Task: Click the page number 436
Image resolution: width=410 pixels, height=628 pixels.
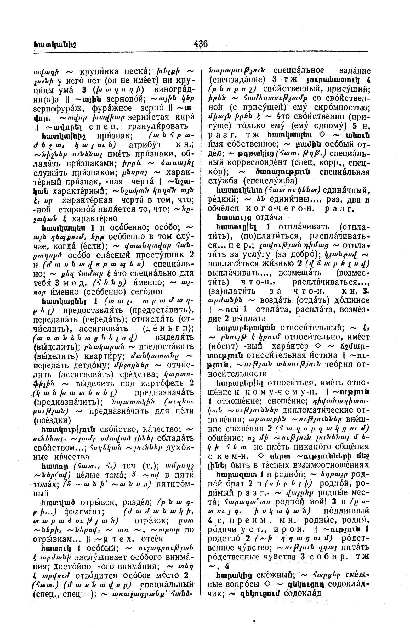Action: [201, 43]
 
